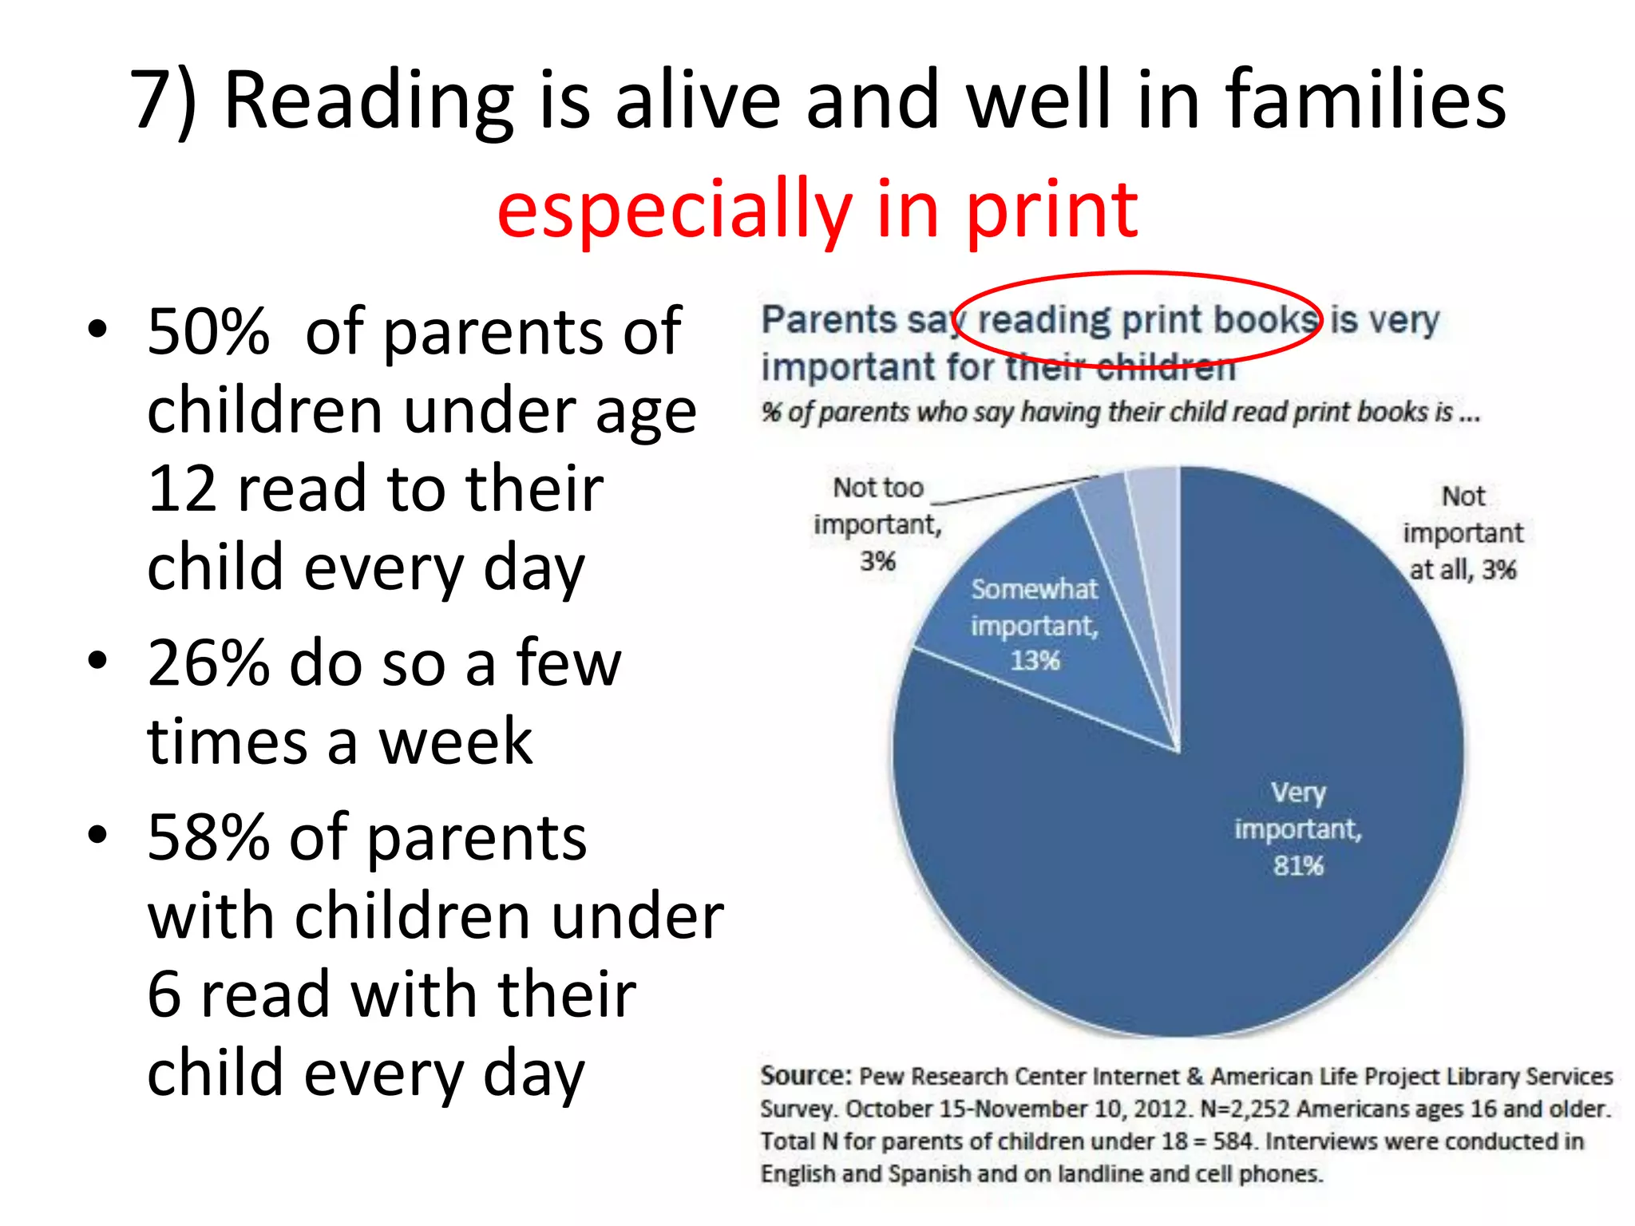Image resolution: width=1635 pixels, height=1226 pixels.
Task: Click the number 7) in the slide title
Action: (x=164, y=101)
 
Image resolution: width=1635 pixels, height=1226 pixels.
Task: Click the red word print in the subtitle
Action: (x=1051, y=210)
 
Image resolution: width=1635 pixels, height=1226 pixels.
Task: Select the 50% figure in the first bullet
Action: (x=208, y=332)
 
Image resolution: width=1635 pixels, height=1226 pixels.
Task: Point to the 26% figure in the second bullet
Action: (x=208, y=663)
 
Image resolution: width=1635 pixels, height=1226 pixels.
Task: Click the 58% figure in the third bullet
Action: (x=208, y=838)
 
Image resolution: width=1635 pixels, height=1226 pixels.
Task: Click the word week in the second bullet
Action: (x=455, y=742)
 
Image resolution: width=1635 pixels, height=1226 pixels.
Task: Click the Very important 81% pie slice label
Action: (x=1298, y=829)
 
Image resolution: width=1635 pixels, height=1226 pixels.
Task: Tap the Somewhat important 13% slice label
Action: (x=1035, y=625)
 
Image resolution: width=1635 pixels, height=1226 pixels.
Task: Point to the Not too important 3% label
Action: (x=877, y=524)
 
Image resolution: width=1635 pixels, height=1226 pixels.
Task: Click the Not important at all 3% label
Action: (x=1463, y=532)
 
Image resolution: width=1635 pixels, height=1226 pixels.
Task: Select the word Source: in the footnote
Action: (x=806, y=1075)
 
